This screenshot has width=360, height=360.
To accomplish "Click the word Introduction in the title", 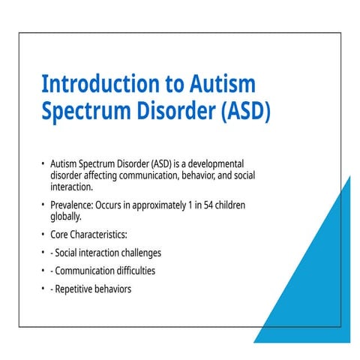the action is pos(100,84).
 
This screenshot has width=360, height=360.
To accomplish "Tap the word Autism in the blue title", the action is pos(223,84).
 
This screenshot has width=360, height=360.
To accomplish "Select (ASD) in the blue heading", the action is pos(246,111).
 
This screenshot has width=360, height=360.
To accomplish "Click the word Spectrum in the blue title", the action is pos(86,112).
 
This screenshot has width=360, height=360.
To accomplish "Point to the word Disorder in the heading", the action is pos(176,110).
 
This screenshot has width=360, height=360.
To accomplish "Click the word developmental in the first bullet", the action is pos(216,164).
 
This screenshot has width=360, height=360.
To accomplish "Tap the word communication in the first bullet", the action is pos(149,175).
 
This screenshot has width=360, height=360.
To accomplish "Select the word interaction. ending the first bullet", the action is pos(71,187).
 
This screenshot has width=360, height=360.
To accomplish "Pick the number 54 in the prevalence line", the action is pos(208,205).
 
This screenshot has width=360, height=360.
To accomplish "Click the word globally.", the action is pos(66,217).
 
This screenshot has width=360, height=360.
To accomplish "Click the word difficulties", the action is pos(136,271).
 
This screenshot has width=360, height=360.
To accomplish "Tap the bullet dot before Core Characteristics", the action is pos(43,235).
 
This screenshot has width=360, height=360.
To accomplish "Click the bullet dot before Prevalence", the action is pos(43,205).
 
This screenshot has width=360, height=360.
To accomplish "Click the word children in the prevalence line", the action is pos(230,205).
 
